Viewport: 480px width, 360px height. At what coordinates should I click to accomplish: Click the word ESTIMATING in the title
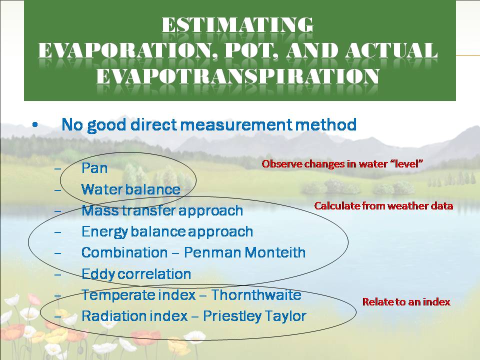pos(237,25)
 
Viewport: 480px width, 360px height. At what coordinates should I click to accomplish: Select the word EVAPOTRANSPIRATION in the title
pos(238,76)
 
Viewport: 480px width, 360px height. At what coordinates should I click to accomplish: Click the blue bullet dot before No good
pos(35,125)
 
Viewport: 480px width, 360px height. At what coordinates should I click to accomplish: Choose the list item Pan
pos(94,168)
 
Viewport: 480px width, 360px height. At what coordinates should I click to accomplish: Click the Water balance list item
pos(130,189)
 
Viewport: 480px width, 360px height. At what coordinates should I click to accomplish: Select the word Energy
pos(104,232)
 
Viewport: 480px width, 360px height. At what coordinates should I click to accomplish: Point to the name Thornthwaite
pos(256,295)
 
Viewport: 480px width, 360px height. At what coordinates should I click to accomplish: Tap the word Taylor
pos(285,316)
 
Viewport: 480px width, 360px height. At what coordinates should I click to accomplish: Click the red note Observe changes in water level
pos(342,164)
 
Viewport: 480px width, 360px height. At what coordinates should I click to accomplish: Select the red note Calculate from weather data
pos(383,205)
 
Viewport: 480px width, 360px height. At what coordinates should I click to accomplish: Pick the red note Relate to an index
pos(406,302)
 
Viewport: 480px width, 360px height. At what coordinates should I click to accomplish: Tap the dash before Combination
pos(57,253)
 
